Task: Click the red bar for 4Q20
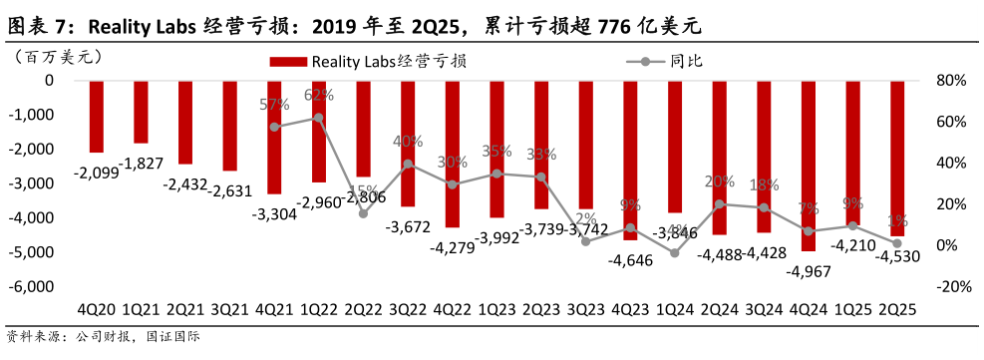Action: [x=97, y=116]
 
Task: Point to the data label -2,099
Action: [x=96, y=173]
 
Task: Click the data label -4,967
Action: [x=809, y=271]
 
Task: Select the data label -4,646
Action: [x=630, y=260]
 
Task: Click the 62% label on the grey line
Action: [x=318, y=96]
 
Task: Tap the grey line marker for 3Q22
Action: [x=408, y=164]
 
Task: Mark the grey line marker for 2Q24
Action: [x=719, y=204]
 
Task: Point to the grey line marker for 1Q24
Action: [x=674, y=253]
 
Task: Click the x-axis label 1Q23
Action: [x=496, y=310]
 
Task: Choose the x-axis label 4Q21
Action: [x=274, y=310]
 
